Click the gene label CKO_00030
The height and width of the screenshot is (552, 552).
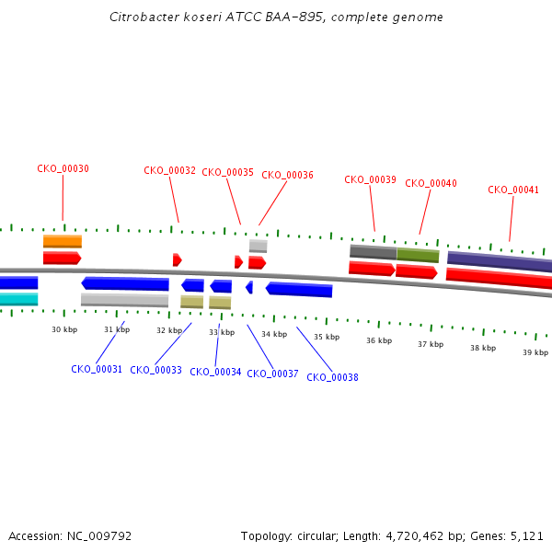click(63, 169)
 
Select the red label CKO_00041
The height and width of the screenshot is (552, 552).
click(513, 190)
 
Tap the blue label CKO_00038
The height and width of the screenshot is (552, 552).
click(332, 376)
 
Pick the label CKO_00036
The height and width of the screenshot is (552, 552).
click(287, 175)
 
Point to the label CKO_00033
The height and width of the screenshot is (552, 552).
click(155, 370)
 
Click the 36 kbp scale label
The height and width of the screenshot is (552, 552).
click(379, 340)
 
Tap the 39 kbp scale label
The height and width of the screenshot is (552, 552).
click(535, 352)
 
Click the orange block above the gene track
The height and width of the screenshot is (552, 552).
click(63, 241)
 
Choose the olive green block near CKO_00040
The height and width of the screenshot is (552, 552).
click(418, 254)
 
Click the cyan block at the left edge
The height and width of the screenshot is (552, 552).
click(18, 299)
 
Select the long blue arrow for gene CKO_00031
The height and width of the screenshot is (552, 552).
click(125, 283)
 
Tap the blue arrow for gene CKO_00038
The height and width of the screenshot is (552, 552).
click(299, 289)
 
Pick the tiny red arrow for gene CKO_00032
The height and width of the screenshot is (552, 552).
click(177, 259)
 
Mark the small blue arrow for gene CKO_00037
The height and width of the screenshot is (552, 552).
click(249, 288)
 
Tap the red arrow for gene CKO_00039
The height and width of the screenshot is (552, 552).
click(372, 269)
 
